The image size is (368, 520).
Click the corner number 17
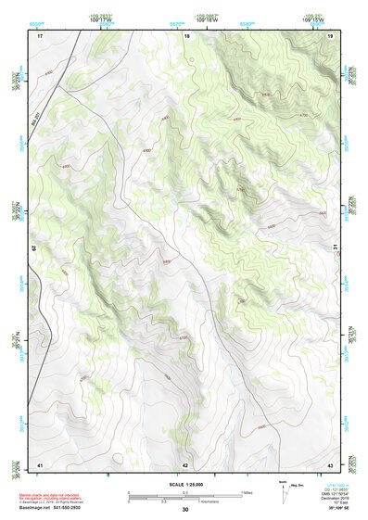pyautogui.click(x=40, y=34)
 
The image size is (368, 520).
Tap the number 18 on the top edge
pyautogui.click(x=186, y=34)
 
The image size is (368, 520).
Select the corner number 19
pyautogui.click(x=330, y=34)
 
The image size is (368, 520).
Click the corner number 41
pyautogui.click(x=40, y=464)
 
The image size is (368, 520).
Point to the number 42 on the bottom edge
pyautogui.click(x=185, y=464)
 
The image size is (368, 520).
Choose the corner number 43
pyautogui.click(x=330, y=464)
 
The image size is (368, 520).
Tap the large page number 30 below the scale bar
pyautogui.click(x=184, y=510)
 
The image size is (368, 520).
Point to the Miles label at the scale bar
pyautogui.click(x=248, y=491)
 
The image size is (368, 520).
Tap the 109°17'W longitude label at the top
pyautogui.click(x=103, y=18)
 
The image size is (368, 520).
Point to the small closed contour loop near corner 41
pyautogui.click(x=120, y=456)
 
